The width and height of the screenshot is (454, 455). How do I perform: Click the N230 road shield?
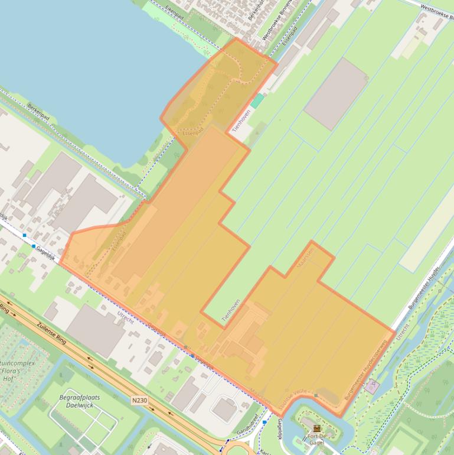[x=139, y=401]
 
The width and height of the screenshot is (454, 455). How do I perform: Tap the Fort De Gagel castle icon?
[x=317, y=428]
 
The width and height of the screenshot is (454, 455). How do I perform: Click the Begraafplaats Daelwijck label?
[x=79, y=402]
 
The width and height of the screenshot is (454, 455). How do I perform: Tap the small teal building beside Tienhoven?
[x=257, y=100]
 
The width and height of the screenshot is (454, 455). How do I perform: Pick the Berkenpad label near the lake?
[x=41, y=112]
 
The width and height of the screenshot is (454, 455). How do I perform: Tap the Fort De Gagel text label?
[x=317, y=439]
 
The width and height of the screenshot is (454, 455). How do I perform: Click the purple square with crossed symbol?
[x=371, y=387]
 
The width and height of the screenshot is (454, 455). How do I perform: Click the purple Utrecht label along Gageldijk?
[x=125, y=316]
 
